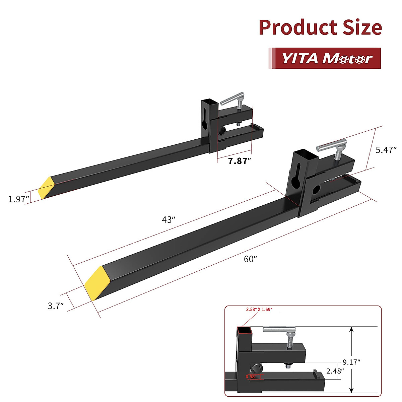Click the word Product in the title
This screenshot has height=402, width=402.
click(298, 28)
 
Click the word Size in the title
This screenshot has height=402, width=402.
click(362, 28)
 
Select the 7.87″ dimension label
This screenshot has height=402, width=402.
click(240, 161)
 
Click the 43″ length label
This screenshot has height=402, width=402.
click(169, 220)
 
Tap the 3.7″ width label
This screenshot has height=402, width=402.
click(56, 306)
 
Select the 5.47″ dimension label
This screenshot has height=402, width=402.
click(386, 150)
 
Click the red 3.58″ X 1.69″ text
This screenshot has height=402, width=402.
click(259, 310)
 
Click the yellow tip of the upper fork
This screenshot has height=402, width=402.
click(46, 188)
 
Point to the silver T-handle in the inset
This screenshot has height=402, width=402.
click(279, 331)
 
